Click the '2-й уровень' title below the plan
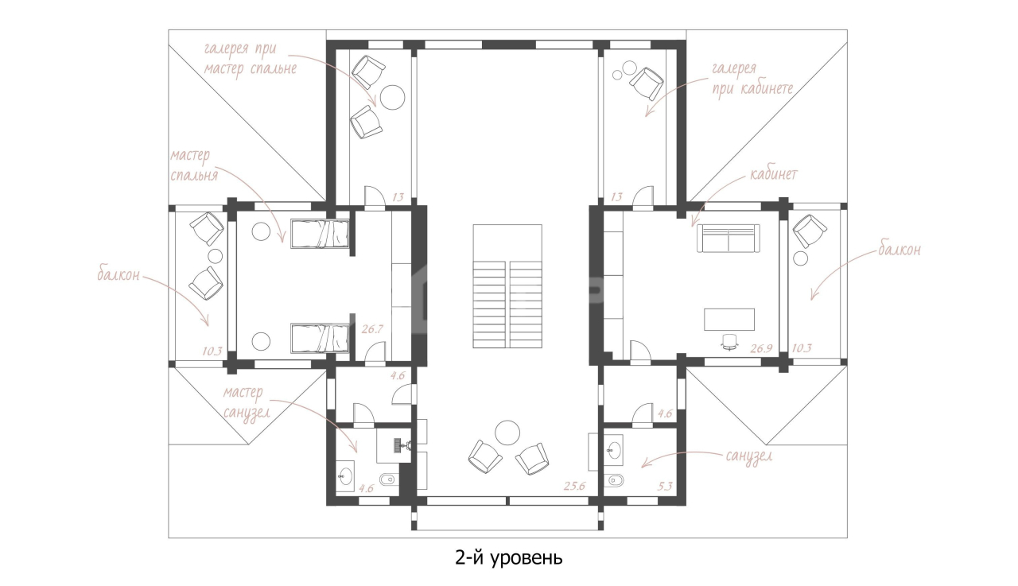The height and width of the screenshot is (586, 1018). click(x=508, y=558)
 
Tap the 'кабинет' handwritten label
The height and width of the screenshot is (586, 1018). click(x=774, y=174)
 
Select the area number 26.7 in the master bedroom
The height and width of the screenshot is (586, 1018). click(x=372, y=329)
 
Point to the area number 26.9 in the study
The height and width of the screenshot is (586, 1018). click(x=761, y=348)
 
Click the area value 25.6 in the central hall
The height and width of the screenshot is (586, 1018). click(x=574, y=486)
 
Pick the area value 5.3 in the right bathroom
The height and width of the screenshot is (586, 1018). click(x=664, y=487)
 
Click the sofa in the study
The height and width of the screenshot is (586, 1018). click(x=728, y=239)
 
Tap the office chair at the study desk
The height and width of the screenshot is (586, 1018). click(x=729, y=342)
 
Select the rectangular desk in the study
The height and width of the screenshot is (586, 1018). click(x=729, y=320)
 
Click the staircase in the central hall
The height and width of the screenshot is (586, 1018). click(x=507, y=286)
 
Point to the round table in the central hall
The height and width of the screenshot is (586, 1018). click(x=507, y=433)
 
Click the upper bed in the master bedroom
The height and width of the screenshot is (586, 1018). click(x=320, y=234)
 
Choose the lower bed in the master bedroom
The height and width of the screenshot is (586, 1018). click(x=320, y=338)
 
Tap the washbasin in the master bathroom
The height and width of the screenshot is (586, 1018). click(x=345, y=475)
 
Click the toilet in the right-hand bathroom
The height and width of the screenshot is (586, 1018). click(x=616, y=479)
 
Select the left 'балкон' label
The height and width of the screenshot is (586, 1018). click(x=119, y=275)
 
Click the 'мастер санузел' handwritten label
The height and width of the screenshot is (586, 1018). click(x=246, y=403)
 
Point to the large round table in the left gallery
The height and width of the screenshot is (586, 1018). click(x=392, y=97)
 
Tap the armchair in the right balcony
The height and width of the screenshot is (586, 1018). click(x=810, y=231)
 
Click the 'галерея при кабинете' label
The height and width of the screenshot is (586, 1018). click(x=752, y=79)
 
